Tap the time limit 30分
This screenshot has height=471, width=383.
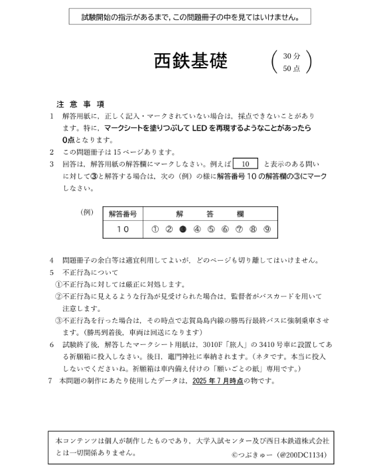[291, 56]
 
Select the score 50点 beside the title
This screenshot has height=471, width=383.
[291, 68]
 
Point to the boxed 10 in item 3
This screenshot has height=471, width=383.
[245, 163]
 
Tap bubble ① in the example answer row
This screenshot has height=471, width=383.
[155, 229]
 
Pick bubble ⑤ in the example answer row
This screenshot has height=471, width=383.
[211, 229]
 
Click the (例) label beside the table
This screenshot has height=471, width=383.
[86, 212]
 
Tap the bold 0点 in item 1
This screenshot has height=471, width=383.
[69, 140]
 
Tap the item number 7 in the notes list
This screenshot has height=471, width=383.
[52, 381]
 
